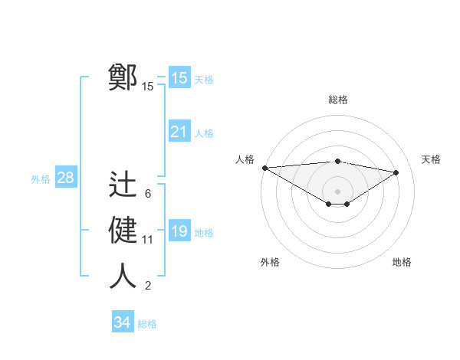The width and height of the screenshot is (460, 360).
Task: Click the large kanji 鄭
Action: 123,77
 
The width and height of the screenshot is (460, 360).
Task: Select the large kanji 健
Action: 123,231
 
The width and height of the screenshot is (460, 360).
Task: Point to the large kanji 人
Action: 123,277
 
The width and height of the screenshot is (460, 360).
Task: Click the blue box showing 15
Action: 179,78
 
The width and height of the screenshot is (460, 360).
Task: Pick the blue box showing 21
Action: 179,132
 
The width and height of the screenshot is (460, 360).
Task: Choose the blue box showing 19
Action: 179,231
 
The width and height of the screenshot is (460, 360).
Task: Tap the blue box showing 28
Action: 66,178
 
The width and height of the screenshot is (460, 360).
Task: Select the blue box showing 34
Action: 122,322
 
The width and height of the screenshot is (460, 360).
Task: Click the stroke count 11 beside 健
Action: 148,240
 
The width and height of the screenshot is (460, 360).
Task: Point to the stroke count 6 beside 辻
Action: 147,193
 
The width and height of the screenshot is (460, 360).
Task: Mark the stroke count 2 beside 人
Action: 147,286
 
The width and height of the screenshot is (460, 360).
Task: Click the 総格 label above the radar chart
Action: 337,100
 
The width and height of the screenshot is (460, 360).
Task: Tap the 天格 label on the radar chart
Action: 432,159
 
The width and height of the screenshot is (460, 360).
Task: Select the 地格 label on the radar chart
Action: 402,262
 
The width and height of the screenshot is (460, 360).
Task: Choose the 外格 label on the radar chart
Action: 270,262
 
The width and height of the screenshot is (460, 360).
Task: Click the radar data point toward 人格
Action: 264,168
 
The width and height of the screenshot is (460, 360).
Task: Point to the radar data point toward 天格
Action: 396,172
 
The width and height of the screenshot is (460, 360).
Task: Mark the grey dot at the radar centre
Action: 337,190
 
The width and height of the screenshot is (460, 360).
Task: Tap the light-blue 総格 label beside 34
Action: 147,324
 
